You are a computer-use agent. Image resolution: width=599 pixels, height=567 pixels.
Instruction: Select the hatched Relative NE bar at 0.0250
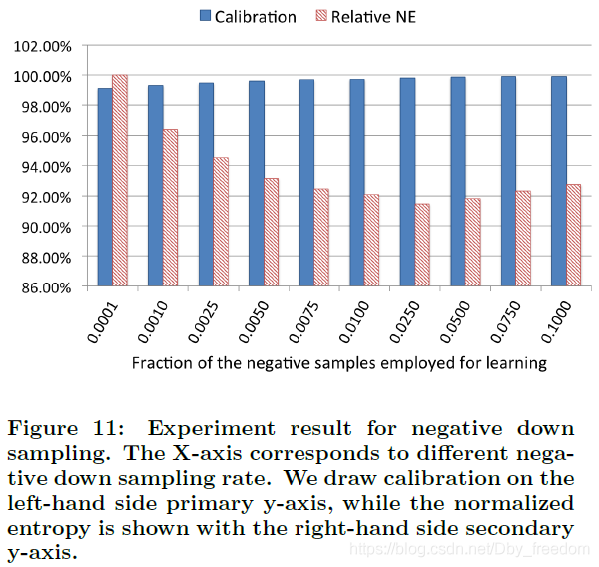click(x=422, y=246)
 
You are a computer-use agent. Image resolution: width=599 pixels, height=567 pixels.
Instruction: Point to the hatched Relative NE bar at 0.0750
click(x=523, y=239)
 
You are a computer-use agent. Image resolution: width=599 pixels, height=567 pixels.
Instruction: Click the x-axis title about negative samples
click(x=339, y=363)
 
